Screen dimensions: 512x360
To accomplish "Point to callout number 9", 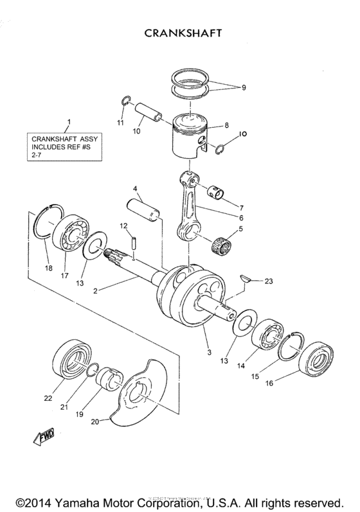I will pos(242,87).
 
